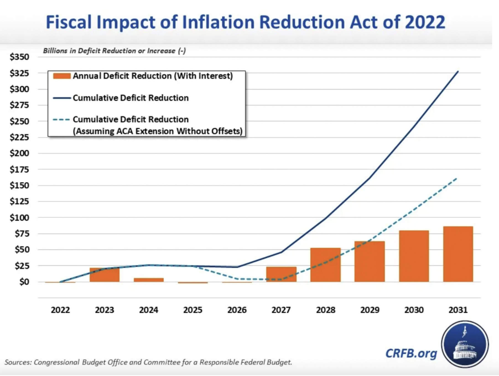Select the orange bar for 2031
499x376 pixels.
[458, 254]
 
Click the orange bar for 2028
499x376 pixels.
[325, 265]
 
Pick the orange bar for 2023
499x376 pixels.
[105, 275]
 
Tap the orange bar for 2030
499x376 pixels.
[414, 256]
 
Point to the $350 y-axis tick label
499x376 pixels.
[19, 57]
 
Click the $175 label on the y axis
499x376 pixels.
[19, 170]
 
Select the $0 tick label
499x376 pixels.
[24, 282]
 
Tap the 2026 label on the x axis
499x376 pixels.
[237, 310]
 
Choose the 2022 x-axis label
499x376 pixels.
[60, 310]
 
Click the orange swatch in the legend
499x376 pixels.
[62, 76]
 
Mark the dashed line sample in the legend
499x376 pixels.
[61, 120]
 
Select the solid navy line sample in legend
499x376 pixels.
[61, 98]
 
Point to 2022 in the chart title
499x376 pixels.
[425, 22]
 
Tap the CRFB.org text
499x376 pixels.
[411, 353]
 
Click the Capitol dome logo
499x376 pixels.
[465, 344]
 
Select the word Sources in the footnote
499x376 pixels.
[18, 362]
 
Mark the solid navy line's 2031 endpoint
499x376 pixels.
[458, 72]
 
